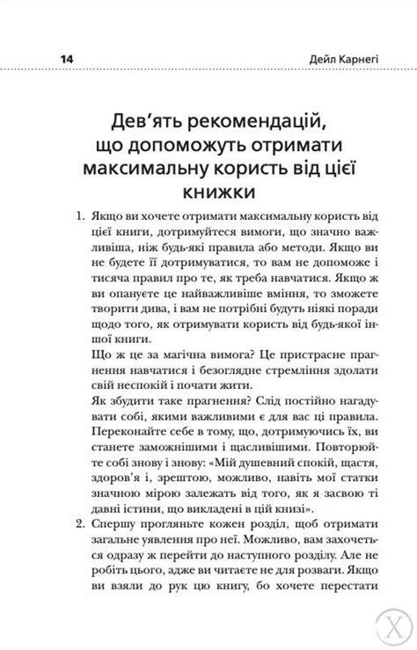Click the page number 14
(66, 58)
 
